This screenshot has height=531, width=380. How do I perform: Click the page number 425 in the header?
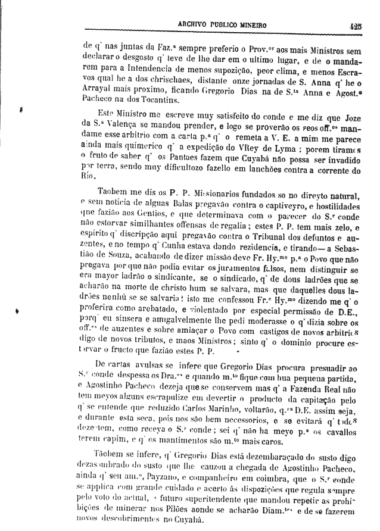pyautogui.click(x=356, y=26)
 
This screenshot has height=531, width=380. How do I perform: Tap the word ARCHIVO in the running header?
pyautogui.click(x=195, y=26)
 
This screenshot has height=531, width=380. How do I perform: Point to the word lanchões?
pyautogui.click(x=242, y=171)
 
